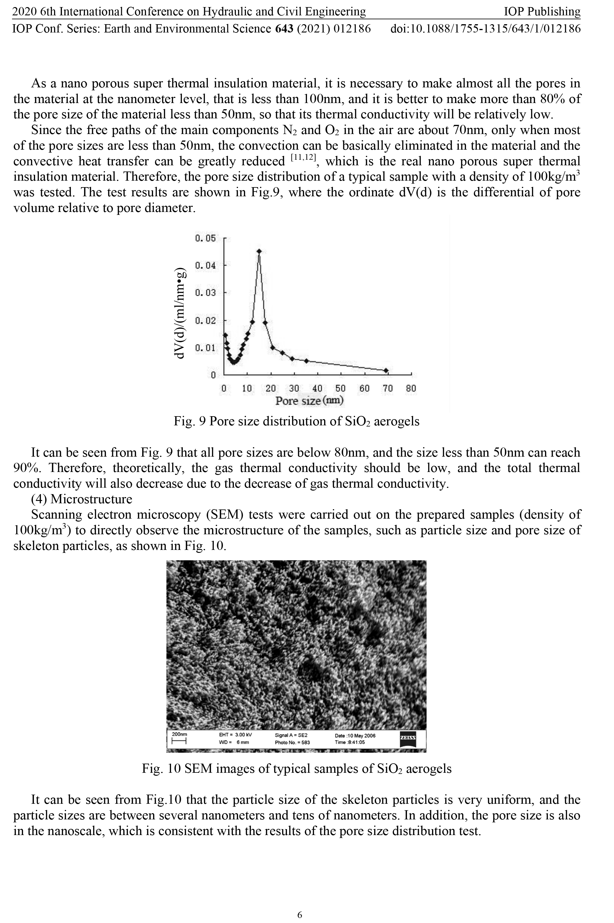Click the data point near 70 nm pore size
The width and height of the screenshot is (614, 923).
386,370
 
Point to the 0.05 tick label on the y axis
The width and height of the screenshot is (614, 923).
205,238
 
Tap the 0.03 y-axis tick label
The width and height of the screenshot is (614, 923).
205,293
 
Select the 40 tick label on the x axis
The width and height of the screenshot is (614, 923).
317,388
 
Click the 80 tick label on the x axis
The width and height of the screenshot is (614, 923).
411,388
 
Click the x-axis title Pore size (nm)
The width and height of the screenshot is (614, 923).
309,401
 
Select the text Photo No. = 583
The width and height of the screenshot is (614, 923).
292,742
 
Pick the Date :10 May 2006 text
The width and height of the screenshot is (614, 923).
355,736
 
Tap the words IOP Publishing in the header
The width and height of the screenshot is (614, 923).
541,12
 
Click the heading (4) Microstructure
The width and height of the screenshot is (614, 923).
81,499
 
